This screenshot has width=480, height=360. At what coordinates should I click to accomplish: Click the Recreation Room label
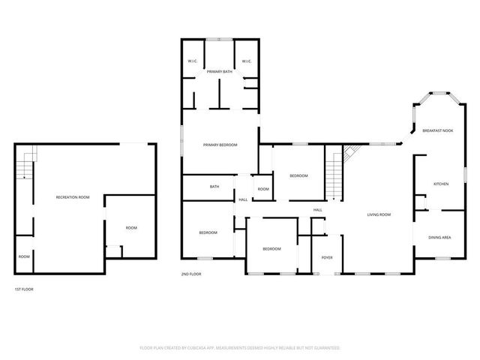tap(73, 197)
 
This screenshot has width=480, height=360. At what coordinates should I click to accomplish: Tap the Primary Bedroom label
tap(220, 145)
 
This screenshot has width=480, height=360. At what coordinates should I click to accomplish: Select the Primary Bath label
tap(220, 72)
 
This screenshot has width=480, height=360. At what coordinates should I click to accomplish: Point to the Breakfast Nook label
tap(437, 130)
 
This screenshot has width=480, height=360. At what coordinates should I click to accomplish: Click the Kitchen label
tap(441, 183)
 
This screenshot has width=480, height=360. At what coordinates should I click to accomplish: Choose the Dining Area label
tap(439, 238)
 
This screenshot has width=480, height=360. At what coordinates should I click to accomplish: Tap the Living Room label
tap(379, 215)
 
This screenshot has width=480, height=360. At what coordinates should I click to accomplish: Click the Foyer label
tap(327, 258)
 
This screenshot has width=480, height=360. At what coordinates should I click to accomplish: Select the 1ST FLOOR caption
tap(24, 289)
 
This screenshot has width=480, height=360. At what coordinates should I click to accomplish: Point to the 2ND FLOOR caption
tap(191, 274)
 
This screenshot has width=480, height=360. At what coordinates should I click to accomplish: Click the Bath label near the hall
tap(214, 187)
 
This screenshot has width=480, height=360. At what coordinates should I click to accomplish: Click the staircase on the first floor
tap(28, 164)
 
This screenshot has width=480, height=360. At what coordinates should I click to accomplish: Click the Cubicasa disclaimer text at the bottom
tap(240, 348)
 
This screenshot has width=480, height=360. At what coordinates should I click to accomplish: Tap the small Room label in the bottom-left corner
tap(24, 257)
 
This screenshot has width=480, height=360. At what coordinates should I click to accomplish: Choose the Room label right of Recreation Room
tap(131, 228)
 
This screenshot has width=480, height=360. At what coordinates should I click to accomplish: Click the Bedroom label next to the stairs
tap(298, 175)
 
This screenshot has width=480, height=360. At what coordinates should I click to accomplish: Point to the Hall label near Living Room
tap(317, 209)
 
